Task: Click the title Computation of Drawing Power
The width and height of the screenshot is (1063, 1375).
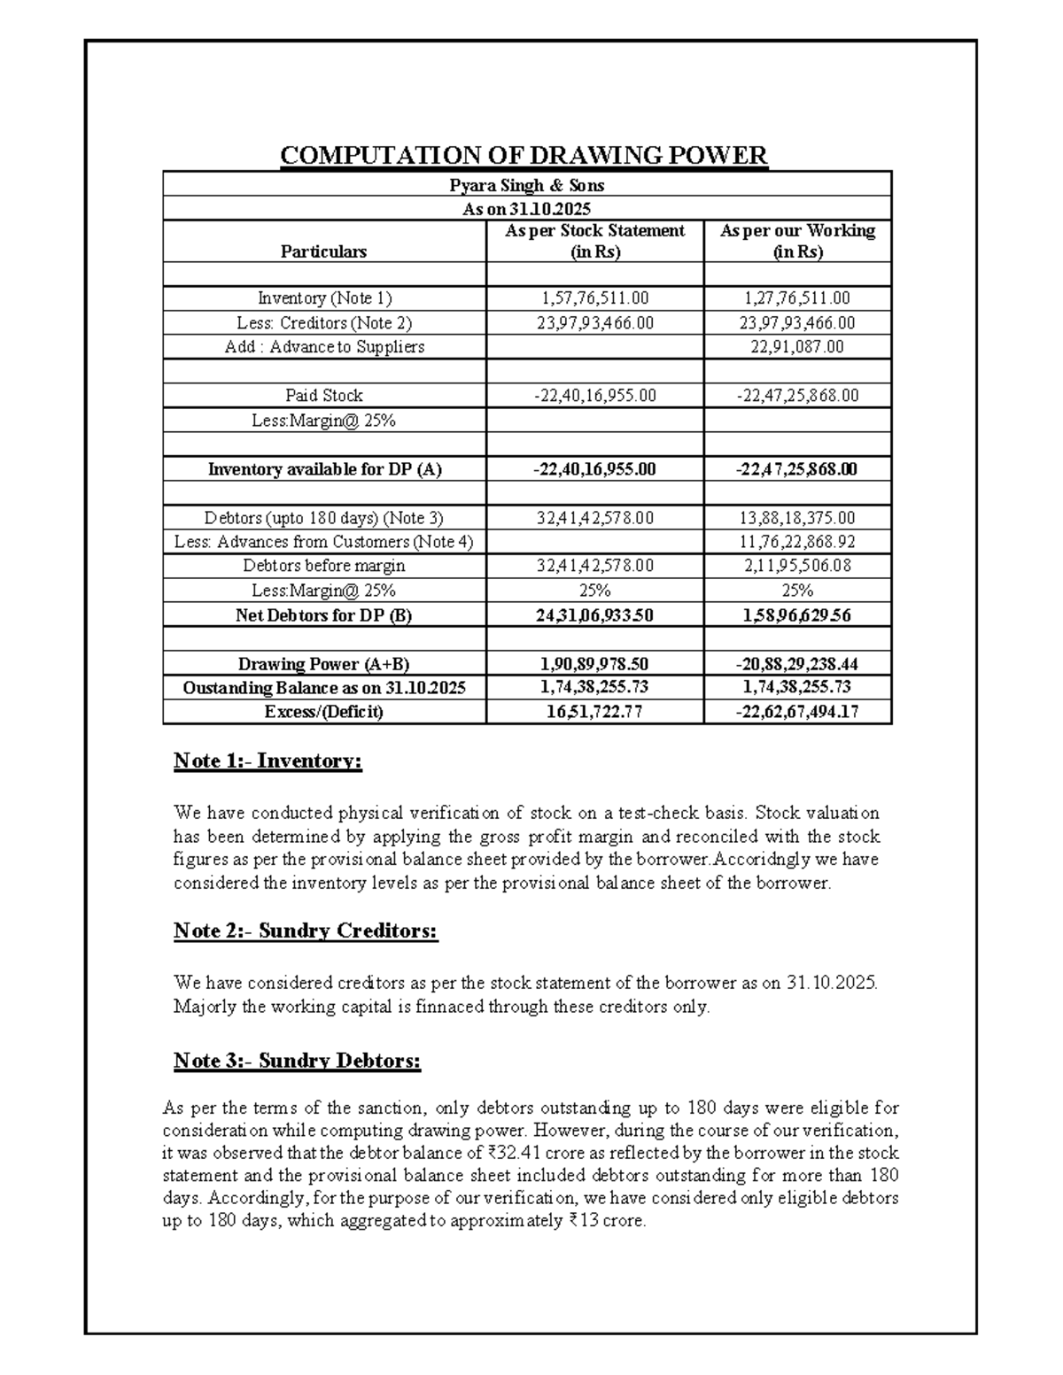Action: click(524, 157)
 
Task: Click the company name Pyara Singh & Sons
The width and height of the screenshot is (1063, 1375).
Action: click(526, 185)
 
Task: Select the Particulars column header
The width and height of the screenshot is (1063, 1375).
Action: click(323, 251)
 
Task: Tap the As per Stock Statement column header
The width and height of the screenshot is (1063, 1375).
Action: click(594, 241)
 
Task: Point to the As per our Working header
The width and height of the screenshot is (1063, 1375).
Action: click(797, 241)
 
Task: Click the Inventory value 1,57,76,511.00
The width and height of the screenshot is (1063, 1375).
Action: click(594, 298)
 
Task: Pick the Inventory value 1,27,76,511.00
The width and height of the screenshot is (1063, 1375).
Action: click(797, 298)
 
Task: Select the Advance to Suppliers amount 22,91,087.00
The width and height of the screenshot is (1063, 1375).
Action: click(797, 347)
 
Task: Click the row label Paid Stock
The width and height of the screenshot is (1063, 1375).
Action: click(323, 396)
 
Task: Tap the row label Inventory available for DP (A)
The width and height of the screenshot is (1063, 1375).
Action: click(323, 469)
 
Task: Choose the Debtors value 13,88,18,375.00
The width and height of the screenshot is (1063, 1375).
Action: click(797, 518)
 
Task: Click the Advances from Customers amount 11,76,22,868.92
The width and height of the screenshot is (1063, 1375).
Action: click(797, 542)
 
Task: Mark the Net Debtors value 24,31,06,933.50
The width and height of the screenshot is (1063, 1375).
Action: click(594, 615)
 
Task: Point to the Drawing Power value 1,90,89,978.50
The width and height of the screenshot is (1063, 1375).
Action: click(594, 664)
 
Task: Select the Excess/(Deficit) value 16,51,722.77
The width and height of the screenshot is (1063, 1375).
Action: click(594, 712)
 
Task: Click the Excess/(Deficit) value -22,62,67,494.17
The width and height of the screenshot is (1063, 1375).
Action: click(797, 712)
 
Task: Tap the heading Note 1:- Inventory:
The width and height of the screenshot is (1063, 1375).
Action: click(268, 761)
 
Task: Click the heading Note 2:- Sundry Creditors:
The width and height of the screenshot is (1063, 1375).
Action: click(306, 931)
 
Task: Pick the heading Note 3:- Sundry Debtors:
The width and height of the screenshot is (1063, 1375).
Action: click(297, 1061)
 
